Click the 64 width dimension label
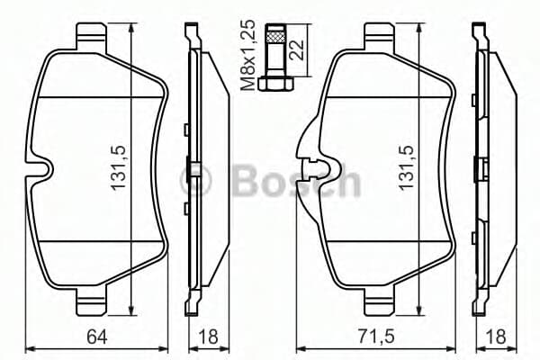[97, 337]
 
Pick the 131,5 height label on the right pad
[406, 167]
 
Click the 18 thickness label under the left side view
[209, 337]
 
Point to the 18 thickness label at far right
[496, 337]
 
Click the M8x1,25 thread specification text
[248, 55]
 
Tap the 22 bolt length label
[297, 50]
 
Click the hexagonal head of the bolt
[276, 85]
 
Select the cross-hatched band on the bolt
[276, 37]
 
